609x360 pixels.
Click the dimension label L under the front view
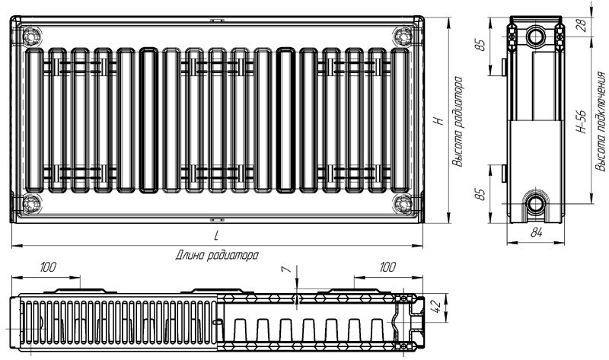(x=216, y=235)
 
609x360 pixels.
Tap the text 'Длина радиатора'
(x=217, y=256)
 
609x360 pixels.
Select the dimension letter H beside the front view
(x=439, y=121)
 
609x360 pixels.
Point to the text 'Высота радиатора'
(x=459, y=122)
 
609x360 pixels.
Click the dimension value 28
(x=582, y=26)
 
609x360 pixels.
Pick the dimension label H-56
(x=581, y=122)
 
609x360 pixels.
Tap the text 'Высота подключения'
(x=601, y=121)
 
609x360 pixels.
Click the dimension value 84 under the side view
(x=537, y=232)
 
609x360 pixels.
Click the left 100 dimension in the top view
(x=48, y=267)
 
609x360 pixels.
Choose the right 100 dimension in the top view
(x=387, y=267)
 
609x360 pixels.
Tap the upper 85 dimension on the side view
(x=481, y=46)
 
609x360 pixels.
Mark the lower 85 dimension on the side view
(x=481, y=194)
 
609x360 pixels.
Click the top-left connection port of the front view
(x=31, y=36)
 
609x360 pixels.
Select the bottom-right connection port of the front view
(x=403, y=203)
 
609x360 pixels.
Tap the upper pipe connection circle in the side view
(x=537, y=37)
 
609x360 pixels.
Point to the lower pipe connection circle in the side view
(x=537, y=203)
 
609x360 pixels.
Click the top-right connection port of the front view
(x=403, y=36)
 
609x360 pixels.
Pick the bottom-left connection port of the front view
(x=31, y=203)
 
